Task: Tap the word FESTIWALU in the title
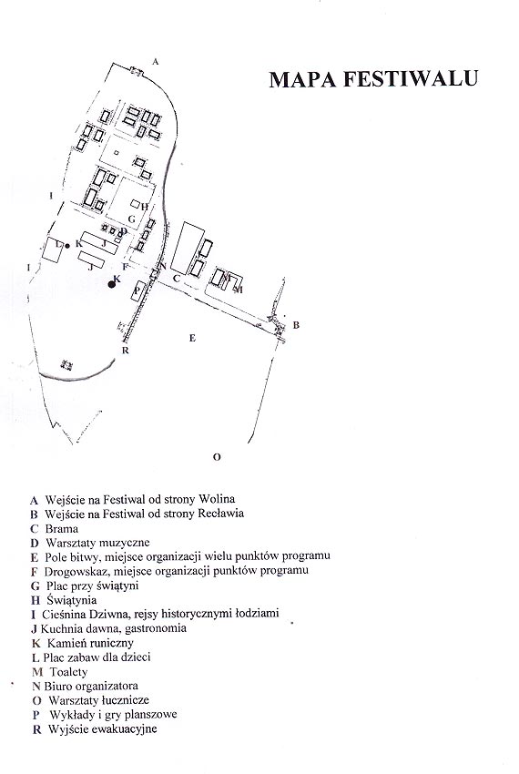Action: [411, 79]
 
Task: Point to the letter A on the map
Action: [156, 62]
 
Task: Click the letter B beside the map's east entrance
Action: [296, 325]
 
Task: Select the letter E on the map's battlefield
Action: [193, 338]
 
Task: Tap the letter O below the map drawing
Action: [217, 457]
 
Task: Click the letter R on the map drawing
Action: [126, 351]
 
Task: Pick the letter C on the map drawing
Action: [177, 279]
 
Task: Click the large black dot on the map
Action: [112, 284]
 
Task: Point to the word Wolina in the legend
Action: [217, 499]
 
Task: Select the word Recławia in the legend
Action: [220, 514]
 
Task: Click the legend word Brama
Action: [62, 529]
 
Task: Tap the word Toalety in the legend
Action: [68, 672]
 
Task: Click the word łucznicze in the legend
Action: [126, 700]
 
